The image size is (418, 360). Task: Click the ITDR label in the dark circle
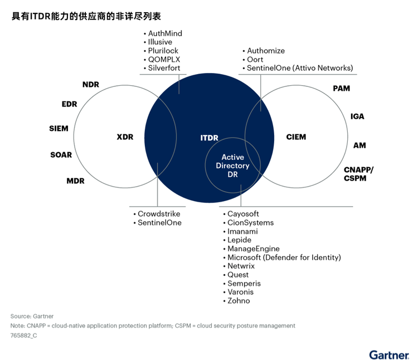click(x=209, y=137)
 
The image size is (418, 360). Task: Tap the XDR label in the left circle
click(x=125, y=137)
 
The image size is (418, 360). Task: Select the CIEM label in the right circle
click(x=296, y=137)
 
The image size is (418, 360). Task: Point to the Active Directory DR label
click(x=232, y=166)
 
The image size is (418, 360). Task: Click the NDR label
click(x=90, y=84)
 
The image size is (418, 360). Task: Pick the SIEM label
click(x=59, y=129)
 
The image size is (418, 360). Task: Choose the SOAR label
click(x=61, y=155)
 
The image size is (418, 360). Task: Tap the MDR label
click(x=75, y=181)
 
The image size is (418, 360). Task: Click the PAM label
click(x=342, y=89)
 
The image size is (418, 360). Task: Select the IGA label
click(x=357, y=116)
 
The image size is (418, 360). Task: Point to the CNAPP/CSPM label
click(x=359, y=174)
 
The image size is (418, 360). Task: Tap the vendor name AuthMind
click(x=165, y=33)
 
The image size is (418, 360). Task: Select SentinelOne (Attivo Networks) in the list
click(x=300, y=68)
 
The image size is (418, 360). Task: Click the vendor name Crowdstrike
click(x=159, y=214)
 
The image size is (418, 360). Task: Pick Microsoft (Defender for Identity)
click(x=284, y=257)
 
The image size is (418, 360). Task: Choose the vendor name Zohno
click(x=239, y=301)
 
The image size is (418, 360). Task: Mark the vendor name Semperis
click(x=244, y=284)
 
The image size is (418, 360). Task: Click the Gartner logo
click(x=389, y=354)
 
